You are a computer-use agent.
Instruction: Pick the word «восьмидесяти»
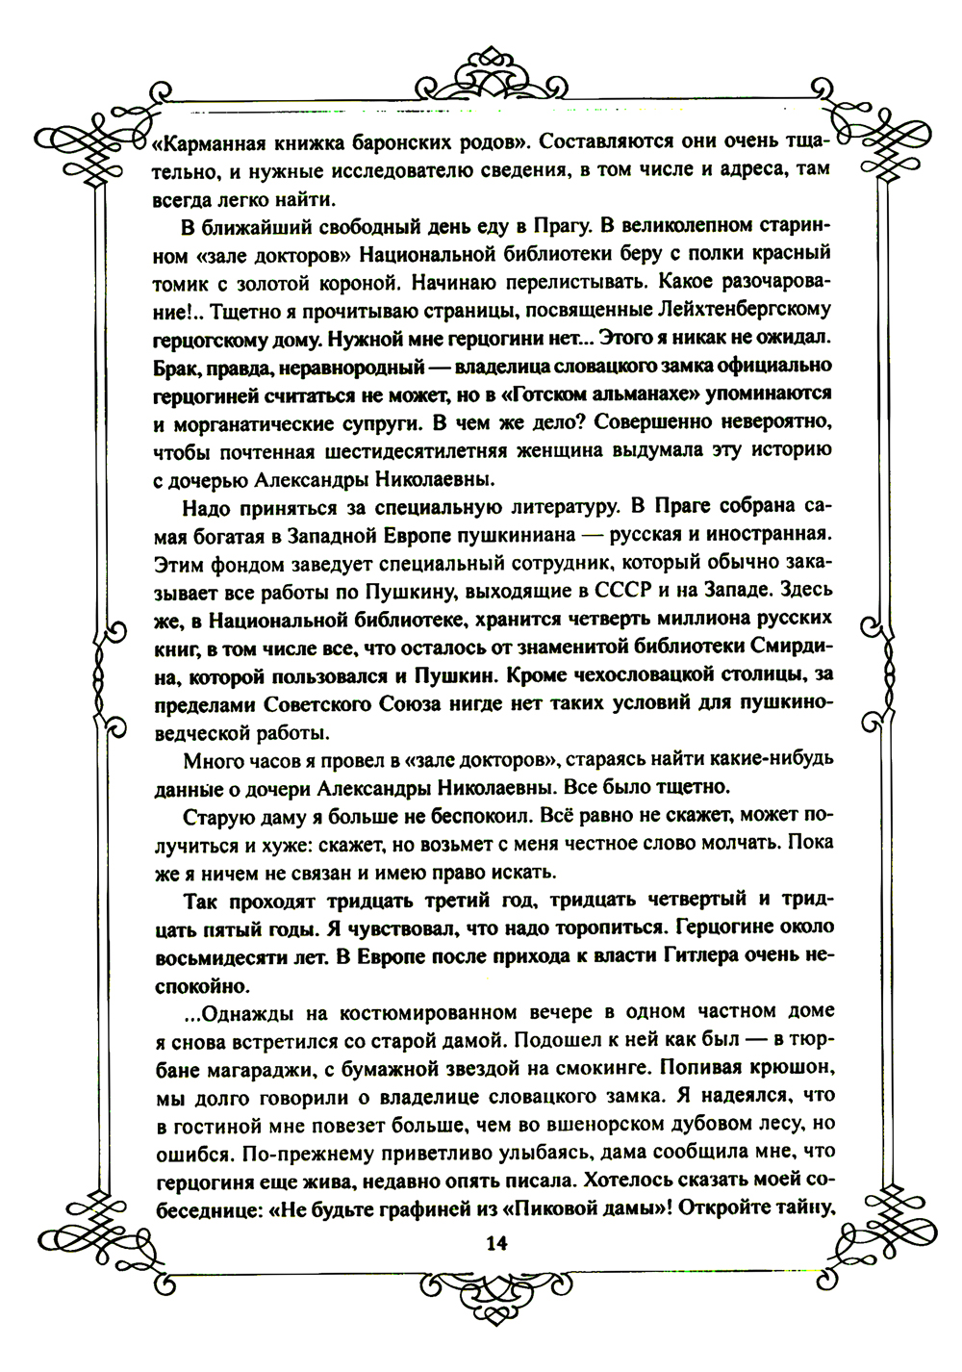coord(217,957)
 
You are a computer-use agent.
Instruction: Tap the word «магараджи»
coord(240,1069)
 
